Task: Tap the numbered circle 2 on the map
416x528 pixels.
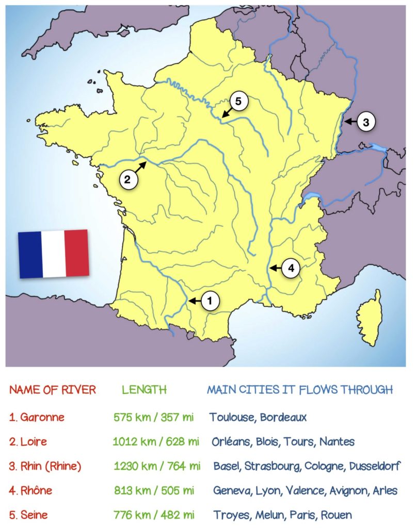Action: pyautogui.click(x=129, y=179)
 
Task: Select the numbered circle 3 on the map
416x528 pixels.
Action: pyautogui.click(x=365, y=122)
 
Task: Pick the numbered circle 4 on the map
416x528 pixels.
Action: pyautogui.click(x=291, y=268)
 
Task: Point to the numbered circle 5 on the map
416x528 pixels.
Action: pyautogui.click(x=238, y=102)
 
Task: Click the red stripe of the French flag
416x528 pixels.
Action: pyautogui.click(x=77, y=253)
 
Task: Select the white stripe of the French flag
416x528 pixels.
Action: pyautogui.click(x=53, y=254)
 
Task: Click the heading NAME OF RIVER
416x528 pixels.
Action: pyautogui.click(x=53, y=390)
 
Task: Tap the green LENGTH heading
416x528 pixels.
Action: pyautogui.click(x=144, y=390)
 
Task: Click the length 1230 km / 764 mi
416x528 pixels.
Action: pyautogui.click(x=156, y=466)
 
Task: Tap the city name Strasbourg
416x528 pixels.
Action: pyautogui.click(x=273, y=466)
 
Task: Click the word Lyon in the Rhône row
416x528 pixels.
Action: pyautogui.click(x=267, y=490)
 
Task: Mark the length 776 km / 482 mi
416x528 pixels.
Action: pyautogui.click(x=153, y=515)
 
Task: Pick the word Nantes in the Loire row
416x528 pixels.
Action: pyautogui.click(x=337, y=441)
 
